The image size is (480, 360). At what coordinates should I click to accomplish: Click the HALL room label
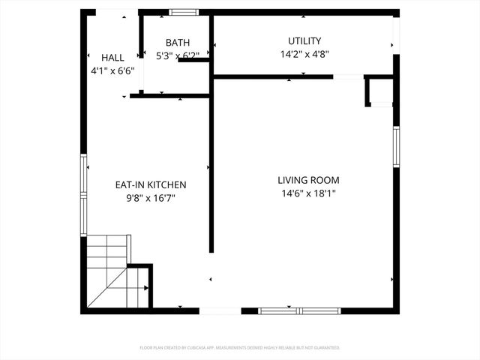[x=112, y=58]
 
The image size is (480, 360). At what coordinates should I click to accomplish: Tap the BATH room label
[x=178, y=43]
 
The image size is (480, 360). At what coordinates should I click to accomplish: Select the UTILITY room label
[x=304, y=40]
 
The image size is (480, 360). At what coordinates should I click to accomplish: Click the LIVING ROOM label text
[x=308, y=180]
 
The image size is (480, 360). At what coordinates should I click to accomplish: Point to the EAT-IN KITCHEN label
[x=150, y=184]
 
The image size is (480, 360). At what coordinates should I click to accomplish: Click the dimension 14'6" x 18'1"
[x=308, y=193]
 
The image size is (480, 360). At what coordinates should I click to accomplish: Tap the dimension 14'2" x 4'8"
[x=304, y=54]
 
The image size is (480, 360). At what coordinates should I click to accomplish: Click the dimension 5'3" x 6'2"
[x=178, y=55]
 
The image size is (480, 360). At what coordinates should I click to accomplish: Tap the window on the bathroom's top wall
[x=182, y=12]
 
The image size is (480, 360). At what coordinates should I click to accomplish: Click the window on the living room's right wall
[x=396, y=150]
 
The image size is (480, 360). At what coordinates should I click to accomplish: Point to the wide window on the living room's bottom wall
[x=298, y=310]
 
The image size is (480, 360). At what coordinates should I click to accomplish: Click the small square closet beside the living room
[x=379, y=91]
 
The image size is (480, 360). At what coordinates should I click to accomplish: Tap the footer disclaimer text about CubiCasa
[x=240, y=348]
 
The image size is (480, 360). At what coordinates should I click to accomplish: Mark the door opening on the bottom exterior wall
[x=220, y=310]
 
